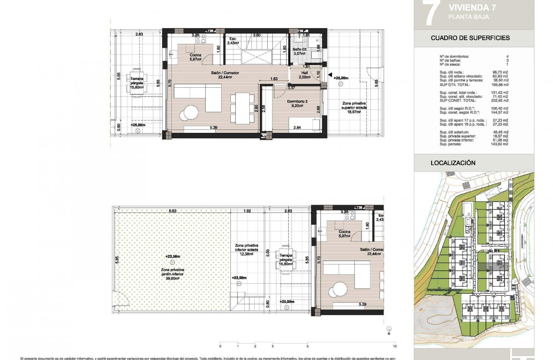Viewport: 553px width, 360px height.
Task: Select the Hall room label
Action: pyautogui.click(x=305, y=72)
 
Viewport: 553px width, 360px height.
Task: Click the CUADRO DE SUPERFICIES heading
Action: pyautogui.click(x=470, y=38)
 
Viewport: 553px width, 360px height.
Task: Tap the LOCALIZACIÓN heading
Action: pyautogui.click(x=453, y=163)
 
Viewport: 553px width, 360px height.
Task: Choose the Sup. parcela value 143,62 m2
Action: pyautogui.click(x=500, y=144)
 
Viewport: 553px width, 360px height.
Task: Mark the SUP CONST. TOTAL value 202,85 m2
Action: pyautogui.click(x=500, y=101)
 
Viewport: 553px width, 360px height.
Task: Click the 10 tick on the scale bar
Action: pyautogui.click(x=395, y=347)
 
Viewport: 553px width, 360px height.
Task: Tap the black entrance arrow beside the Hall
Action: pyautogui.click(x=331, y=75)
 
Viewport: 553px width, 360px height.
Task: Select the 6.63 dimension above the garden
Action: pyautogui.click(x=172, y=211)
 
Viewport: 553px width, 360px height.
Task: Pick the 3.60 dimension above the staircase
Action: pyautogui.click(x=257, y=35)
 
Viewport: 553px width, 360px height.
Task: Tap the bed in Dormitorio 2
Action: pyautogui.click(x=305, y=124)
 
